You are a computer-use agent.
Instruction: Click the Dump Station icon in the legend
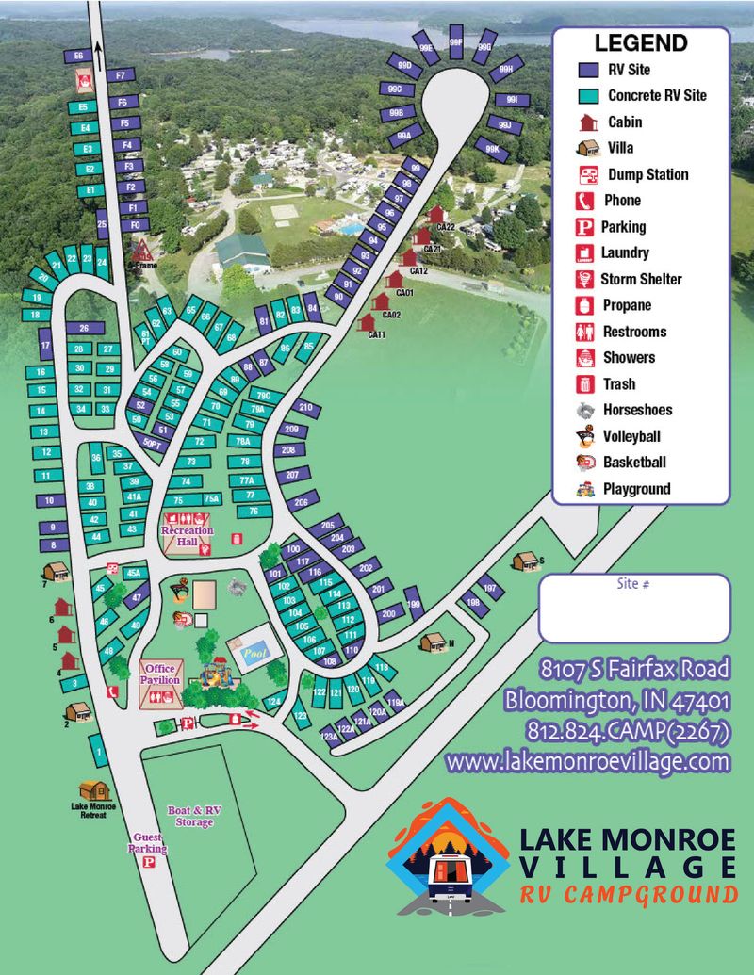(x=588, y=174)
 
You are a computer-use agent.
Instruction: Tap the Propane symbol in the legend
(x=586, y=305)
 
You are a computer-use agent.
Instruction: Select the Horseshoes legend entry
(x=586, y=410)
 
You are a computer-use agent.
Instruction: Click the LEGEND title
(x=640, y=43)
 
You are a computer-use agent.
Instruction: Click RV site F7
(x=120, y=75)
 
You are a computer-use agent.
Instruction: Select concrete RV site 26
(x=85, y=328)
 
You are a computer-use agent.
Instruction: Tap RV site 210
(x=304, y=408)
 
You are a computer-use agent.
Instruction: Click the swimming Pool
(x=253, y=651)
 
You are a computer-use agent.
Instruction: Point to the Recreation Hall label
(x=187, y=530)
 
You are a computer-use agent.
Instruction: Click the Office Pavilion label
(x=159, y=674)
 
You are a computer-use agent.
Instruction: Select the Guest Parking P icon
(x=148, y=862)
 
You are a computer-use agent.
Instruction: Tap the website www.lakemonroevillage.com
(x=588, y=760)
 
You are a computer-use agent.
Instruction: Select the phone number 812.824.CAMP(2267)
(x=617, y=731)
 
